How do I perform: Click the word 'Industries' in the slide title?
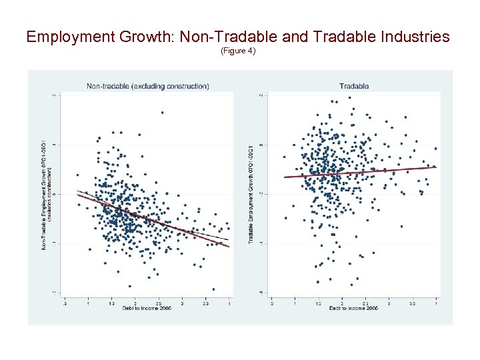(x=414, y=37)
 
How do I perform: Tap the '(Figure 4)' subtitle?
(x=238, y=51)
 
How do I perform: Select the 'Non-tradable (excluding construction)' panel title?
(x=148, y=86)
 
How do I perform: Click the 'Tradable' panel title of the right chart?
(x=353, y=86)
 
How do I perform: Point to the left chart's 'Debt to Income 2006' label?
(x=148, y=308)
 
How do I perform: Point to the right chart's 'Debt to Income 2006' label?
(x=354, y=308)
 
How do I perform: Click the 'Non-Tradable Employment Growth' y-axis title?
(x=45, y=193)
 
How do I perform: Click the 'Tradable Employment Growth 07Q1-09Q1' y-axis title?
(x=251, y=193)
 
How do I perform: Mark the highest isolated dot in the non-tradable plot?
(x=161, y=112)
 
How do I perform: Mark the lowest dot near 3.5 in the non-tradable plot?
(x=213, y=289)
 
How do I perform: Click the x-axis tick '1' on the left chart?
(x=87, y=303)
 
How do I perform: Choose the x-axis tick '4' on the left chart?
(x=230, y=303)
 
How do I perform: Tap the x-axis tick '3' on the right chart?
(x=389, y=303)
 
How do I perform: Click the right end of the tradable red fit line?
(x=437, y=167)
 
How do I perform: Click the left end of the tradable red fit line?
(x=285, y=177)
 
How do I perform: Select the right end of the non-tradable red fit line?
(x=229, y=247)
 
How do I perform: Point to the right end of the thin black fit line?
(x=229, y=239)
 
